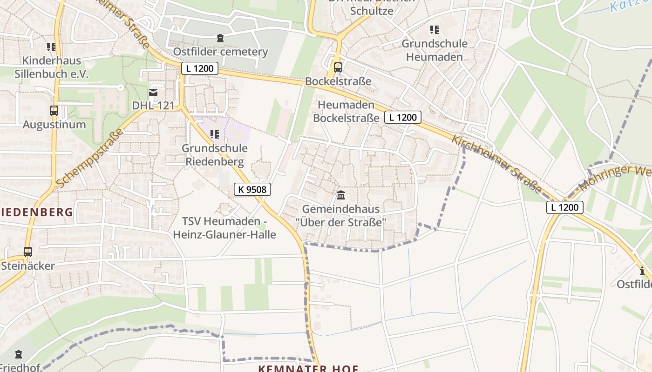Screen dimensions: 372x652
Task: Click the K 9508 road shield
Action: (x=252, y=189)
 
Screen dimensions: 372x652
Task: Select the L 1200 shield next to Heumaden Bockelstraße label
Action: (x=403, y=117)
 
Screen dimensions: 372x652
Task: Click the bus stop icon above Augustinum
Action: (x=54, y=111)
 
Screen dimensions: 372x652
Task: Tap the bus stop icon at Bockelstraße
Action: (x=338, y=67)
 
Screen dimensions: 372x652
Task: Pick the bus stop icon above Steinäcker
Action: (x=28, y=252)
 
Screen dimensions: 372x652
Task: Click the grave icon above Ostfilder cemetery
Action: (x=220, y=38)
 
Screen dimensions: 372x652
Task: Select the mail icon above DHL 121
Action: (x=153, y=92)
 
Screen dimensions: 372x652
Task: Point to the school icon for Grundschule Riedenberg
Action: (x=215, y=135)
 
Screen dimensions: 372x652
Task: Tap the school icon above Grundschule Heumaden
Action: (x=435, y=30)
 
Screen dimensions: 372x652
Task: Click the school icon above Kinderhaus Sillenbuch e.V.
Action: (x=51, y=47)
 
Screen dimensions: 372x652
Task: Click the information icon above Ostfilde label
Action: (x=643, y=271)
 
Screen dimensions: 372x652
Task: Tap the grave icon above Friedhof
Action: (x=19, y=354)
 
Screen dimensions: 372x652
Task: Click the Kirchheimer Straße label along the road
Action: (x=497, y=164)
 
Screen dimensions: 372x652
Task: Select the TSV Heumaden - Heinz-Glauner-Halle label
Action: (x=224, y=228)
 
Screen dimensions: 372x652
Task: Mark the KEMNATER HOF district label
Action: (x=308, y=368)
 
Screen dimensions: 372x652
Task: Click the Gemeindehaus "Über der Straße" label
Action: (x=341, y=216)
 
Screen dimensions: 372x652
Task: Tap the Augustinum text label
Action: (x=54, y=125)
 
